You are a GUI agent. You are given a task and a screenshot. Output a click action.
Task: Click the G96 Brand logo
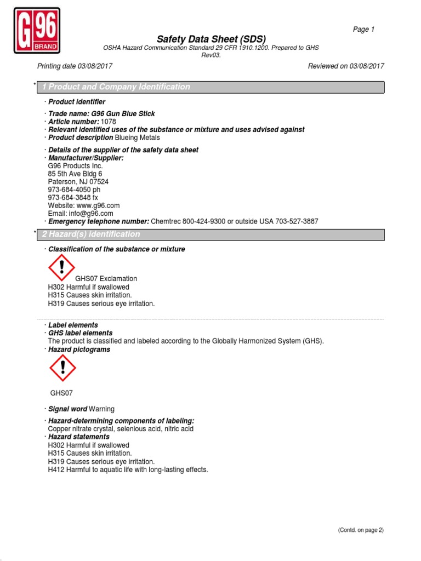point(37,30)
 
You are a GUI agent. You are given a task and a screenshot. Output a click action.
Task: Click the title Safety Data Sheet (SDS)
point(211,39)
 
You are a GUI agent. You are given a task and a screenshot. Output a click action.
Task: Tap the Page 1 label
point(363,30)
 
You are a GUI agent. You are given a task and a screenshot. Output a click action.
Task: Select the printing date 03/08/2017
point(94,66)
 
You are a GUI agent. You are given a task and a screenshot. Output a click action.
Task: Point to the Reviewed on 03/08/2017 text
point(346,66)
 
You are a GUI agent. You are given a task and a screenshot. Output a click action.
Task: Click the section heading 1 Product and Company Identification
point(116,87)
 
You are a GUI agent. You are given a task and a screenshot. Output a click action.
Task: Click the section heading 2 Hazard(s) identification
point(91,234)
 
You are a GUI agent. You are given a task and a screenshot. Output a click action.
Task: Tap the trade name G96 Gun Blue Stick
point(123,114)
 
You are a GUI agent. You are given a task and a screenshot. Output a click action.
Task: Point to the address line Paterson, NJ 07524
point(78,182)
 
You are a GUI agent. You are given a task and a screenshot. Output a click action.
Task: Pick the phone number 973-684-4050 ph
point(74,190)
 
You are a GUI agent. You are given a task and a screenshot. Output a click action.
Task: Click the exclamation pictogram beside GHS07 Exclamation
point(61,268)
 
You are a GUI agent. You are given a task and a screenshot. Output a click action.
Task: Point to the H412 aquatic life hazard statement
point(128,470)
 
